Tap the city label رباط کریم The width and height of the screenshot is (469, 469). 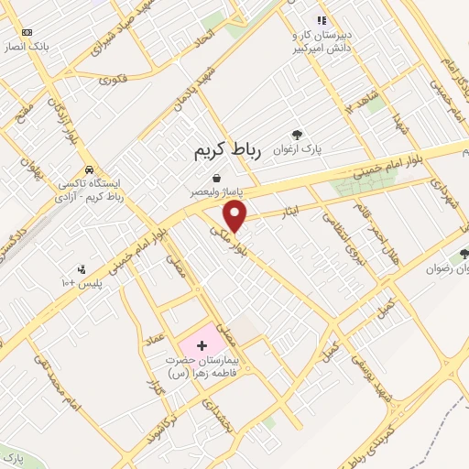click(228, 152)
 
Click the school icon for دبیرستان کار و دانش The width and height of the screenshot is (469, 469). click(321, 20)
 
